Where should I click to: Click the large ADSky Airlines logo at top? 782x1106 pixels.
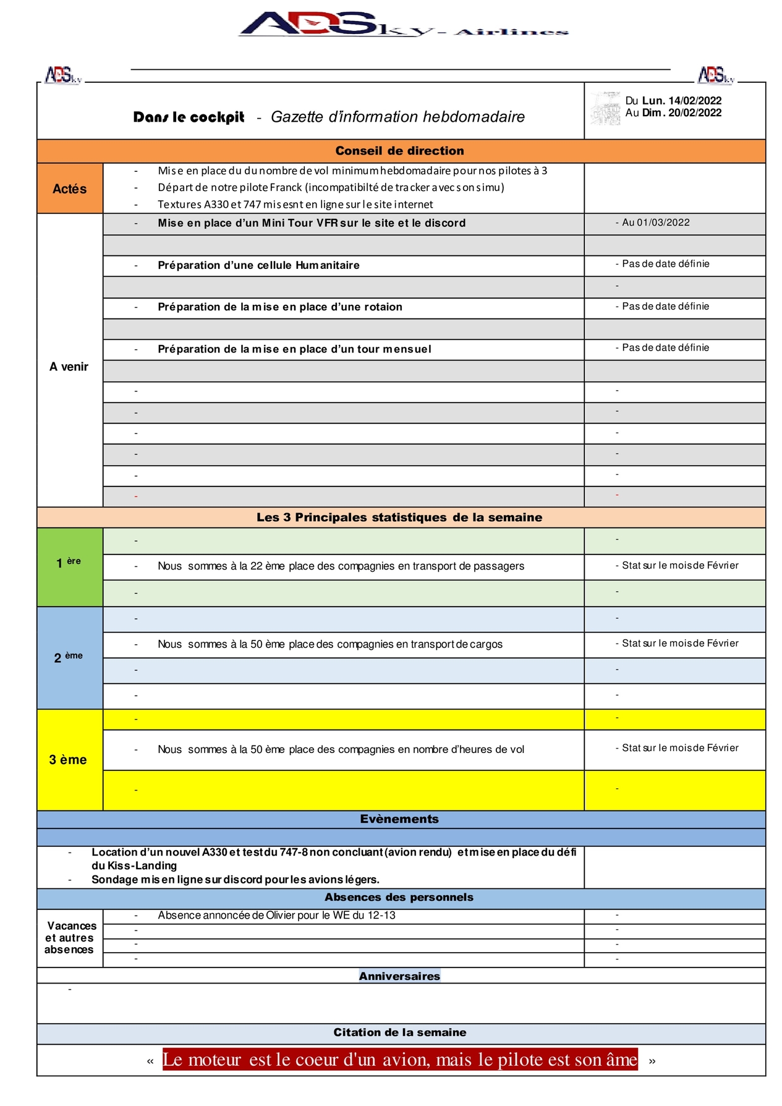[x=402, y=25]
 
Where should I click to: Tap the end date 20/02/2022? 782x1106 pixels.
[x=695, y=113]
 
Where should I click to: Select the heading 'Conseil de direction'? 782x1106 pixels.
[x=399, y=151]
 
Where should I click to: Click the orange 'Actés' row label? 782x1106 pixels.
[x=70, y=189]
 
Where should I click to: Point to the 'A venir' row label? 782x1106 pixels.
[x=69, y=367]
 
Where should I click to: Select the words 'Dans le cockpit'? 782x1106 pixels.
[x=189, y=117]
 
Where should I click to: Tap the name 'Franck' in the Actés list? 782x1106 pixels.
[x=286, y=187]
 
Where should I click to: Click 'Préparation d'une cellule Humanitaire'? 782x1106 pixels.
[x=258, y=265]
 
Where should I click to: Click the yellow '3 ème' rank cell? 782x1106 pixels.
[x=68, y=760]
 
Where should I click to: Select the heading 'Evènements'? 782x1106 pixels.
[x=399, y=819]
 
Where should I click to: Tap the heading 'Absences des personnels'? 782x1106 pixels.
[x=399, y=897]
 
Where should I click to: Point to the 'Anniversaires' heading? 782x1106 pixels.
[x=399, y=976]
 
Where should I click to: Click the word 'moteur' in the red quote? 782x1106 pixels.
[x=215, y=1060]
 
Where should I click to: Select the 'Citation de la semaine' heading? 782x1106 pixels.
[x=399, y=1032]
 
